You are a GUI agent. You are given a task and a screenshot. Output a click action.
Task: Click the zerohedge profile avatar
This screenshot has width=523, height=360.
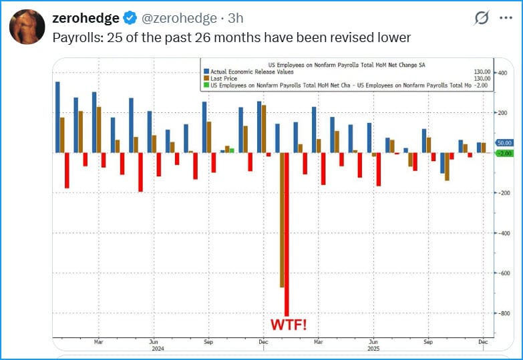[27, 27]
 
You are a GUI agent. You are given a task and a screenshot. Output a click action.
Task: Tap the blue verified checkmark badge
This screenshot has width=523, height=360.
[130, 18]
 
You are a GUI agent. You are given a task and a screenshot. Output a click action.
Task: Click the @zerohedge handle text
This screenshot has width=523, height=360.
[179, 18]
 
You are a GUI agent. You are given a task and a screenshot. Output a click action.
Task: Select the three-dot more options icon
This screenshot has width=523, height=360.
[506, 17]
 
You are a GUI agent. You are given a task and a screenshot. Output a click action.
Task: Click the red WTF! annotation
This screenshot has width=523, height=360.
[289, 325]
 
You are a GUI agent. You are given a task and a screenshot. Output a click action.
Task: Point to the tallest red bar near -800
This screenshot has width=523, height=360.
[287, 234]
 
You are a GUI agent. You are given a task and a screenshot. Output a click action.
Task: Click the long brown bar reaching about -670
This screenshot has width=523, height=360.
[281, 220]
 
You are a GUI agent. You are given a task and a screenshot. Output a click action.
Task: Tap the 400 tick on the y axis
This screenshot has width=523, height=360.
[502, 73]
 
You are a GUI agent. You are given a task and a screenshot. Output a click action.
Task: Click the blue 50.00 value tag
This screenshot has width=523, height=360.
[504, 143]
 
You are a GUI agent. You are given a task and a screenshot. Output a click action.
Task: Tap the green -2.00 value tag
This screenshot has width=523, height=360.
[504, 153]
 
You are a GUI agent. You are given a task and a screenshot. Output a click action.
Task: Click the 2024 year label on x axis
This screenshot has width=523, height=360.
[158, 348]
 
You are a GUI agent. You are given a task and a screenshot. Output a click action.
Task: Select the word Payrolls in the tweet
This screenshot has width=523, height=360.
[76, 37]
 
